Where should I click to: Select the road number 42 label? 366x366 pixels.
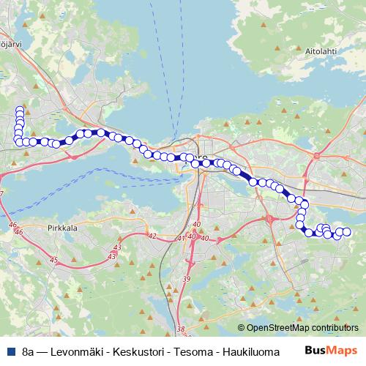point(152,236)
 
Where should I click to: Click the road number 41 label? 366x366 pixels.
point(182,239)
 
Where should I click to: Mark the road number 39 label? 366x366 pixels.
point(186,280)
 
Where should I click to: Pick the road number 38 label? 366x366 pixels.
point(181,329)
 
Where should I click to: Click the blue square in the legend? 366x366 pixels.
point(9,351)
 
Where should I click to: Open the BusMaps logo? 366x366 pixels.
point(332,351)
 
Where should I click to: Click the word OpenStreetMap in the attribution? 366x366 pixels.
point(280,327)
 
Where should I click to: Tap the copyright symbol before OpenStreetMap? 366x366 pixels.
point(242,327)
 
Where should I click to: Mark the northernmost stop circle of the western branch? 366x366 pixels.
point(20,110)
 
